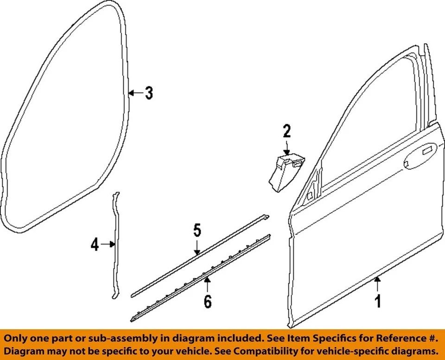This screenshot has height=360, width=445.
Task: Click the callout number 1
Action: (378, 302)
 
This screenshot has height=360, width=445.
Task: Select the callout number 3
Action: (148, 93)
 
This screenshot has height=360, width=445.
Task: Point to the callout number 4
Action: (95, 244)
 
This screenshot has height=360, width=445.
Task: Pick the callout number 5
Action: (197, 231)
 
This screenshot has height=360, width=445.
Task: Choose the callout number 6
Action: (207, 302)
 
